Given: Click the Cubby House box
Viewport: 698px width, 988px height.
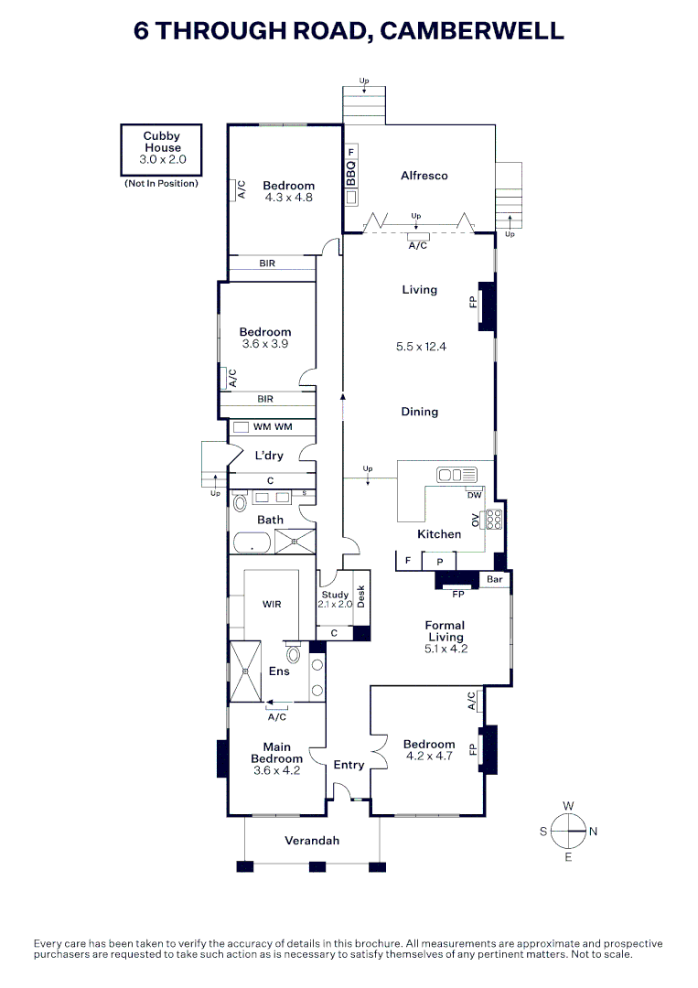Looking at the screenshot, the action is tap(161, 149).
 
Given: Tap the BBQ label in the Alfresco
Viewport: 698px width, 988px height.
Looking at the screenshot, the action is tap(351, 172).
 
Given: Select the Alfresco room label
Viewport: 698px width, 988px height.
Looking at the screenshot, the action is tap(424, 176).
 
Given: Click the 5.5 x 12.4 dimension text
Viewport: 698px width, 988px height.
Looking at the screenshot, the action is tap(421, 347).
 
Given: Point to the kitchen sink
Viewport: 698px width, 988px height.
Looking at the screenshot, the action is tap(457, 474).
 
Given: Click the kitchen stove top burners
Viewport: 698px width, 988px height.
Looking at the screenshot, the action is tap(493, 520).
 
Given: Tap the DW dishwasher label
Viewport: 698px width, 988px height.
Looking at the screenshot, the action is tap(475, 495).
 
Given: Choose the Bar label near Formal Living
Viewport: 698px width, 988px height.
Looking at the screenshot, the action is tap(495, 579).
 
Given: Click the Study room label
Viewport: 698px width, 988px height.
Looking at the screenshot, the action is tap(335, 595).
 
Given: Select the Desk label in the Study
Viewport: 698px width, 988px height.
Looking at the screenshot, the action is tap(361, 596).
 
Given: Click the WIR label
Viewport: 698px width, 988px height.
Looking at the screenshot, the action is tap(272, 605).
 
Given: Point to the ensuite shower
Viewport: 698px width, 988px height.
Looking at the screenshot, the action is tap(245, 671).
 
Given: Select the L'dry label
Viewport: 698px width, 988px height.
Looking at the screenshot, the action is tap(269, 456).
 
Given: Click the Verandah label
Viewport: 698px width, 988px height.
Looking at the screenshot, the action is tap(312, 841).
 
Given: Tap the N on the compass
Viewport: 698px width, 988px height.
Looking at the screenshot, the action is tap(593, 832).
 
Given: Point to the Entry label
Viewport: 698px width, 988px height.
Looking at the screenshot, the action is tap(349, 765).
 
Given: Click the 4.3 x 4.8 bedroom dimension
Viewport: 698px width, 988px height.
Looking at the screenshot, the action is tap(288, 198).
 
